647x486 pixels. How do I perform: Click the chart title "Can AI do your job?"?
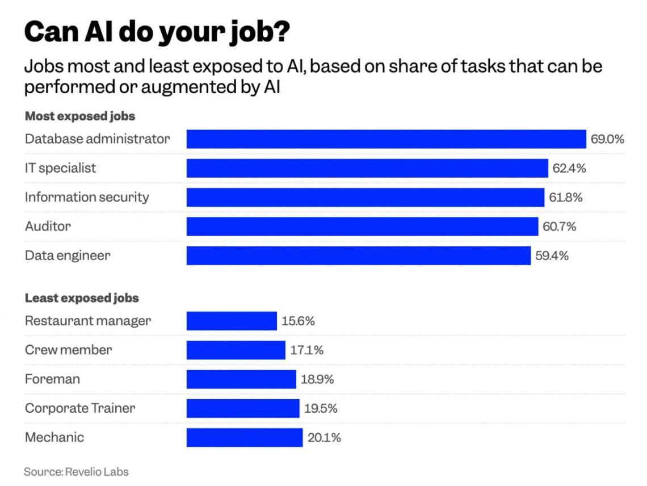157,32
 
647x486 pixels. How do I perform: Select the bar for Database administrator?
386,139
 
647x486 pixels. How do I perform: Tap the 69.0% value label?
607,139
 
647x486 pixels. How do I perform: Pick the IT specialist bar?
367,168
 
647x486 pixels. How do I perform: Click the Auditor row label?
48,227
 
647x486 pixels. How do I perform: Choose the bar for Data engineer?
359,255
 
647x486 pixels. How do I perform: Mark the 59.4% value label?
552,255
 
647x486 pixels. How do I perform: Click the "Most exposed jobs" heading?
80,116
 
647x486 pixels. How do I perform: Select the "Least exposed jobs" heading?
82,298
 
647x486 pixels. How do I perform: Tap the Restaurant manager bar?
232,321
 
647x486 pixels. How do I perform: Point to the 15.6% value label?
298,321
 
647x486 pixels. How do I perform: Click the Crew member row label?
68,350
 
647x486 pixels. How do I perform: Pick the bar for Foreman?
241,379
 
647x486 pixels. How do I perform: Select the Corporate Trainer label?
80,408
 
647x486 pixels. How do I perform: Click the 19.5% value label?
321,408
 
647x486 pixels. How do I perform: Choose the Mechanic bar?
245,438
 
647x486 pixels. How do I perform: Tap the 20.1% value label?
324,438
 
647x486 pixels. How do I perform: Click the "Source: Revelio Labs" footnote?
76,472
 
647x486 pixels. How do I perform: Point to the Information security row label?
87,198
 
